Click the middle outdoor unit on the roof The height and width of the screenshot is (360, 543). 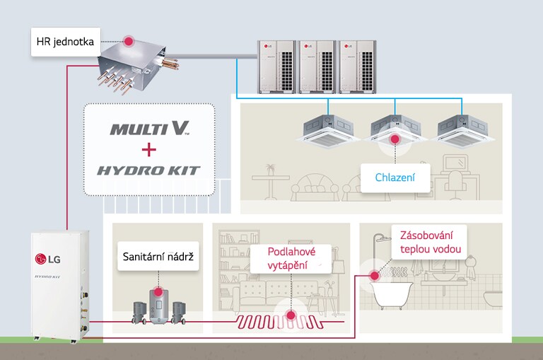316,66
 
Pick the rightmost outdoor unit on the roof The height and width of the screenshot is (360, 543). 357,66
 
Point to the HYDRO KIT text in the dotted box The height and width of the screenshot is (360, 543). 149,170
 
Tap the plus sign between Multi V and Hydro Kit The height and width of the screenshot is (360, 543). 148,149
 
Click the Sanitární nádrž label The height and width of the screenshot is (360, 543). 157,256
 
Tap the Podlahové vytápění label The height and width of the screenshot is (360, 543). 291,257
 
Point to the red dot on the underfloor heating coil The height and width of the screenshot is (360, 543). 290,315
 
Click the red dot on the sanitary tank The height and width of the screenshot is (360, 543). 157,291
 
